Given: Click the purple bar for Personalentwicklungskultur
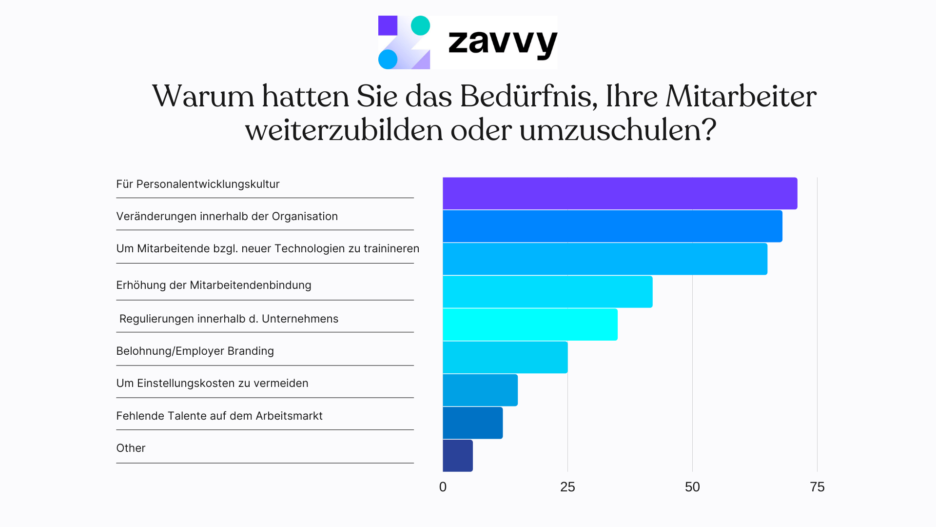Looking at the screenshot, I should (x=620, y=193).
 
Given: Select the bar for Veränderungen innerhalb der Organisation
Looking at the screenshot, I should (x=612, y=226).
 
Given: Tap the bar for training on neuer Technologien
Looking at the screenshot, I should (x=604, y=259).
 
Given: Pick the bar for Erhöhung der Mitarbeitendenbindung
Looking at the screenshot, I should (x=547, y=291).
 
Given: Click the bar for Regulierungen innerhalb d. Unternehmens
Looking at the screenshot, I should (x=530, y=324).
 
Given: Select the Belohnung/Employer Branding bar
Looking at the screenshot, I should (x=505, y=357).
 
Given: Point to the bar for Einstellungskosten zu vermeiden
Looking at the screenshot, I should (x=480, y=390).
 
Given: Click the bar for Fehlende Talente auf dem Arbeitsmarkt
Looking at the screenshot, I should (x=472, y=423).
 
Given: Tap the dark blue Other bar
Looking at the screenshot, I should (x=457, y=455).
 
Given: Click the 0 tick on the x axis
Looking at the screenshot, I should (x=443, y=487).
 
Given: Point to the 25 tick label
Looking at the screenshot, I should (x=567, y=487).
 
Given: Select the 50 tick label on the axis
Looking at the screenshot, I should (x=692, y=487).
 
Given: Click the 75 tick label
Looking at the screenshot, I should (x=817, y=487).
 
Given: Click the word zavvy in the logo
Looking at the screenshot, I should (x=502, y=43).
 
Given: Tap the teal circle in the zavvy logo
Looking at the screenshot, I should (x=420, y=25).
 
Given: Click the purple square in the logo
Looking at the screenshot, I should (x=388, y=25).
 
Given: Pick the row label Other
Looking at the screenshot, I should (x=131, y=448).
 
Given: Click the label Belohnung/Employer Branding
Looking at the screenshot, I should (x=195, y=351).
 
